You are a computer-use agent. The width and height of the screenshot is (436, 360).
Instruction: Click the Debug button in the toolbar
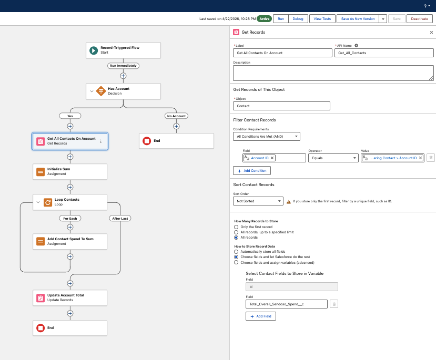[298, 18]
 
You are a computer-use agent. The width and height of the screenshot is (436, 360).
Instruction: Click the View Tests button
[322, 18]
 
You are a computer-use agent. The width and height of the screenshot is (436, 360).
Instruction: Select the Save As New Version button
[358, 18]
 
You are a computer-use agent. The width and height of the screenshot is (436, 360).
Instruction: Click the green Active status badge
[265, 18]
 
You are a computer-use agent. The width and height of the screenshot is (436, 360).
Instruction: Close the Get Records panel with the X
[431, 32]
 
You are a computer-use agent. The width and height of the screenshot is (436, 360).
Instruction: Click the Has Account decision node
[124, 91]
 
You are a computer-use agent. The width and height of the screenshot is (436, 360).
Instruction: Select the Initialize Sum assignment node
[70, 172]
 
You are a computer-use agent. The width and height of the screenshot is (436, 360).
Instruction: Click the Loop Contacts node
[70, 202]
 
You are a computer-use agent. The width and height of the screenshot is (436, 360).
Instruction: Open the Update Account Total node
[70, 298]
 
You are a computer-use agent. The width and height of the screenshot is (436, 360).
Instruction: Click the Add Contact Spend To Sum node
[70, 241]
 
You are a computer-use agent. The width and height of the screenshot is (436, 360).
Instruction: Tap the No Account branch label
[176, 116]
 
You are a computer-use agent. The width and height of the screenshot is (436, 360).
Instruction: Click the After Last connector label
[120, 218]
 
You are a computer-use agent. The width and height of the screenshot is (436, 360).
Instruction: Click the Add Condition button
[252, 171]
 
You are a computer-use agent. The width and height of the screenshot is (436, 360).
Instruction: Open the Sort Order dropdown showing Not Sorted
[258, 201]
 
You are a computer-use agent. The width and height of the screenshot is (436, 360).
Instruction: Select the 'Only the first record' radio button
[236, 227]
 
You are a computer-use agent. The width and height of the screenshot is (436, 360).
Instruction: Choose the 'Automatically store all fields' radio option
[236, 252]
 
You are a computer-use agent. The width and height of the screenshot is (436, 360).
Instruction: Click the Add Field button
[261, 316]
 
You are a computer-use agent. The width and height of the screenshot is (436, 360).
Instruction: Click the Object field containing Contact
[281, 106]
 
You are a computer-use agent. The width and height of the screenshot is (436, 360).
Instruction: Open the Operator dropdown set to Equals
[333, 158]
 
